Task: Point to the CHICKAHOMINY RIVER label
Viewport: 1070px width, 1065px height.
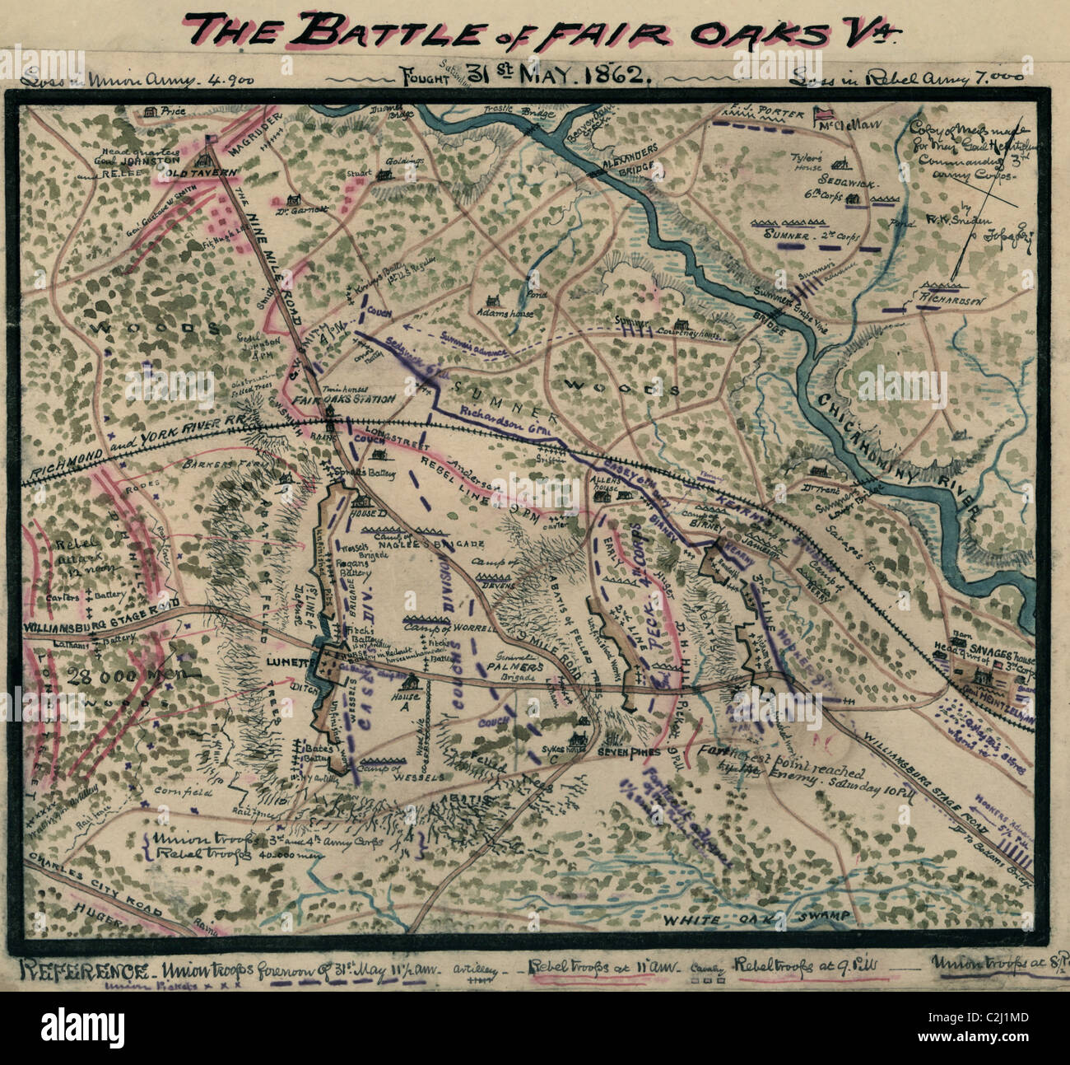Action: pyautogui.click(x=898, y=452)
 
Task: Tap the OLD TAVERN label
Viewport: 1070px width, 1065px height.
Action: pyautogui.click(x=199, y=171)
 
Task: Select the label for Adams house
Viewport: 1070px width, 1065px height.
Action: pyautogui.click(x=505, y=314)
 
